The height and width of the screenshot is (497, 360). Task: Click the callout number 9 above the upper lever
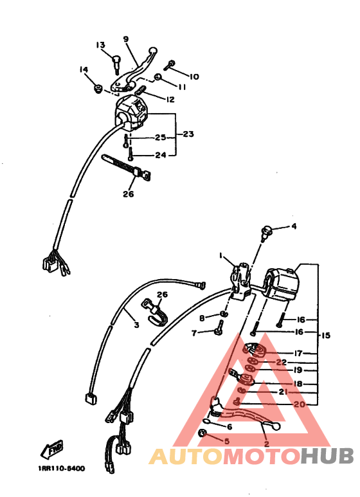(126, 39)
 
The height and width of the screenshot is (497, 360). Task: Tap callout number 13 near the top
(100, 45)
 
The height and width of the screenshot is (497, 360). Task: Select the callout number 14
(84, 69)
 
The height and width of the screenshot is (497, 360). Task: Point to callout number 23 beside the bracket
(188, 134)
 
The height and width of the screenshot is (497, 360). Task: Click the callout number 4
(294, 226)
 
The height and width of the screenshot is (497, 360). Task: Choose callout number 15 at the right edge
(325, 335)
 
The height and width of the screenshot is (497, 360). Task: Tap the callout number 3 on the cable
(136, 325)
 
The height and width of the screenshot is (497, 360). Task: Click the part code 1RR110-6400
(62, 468)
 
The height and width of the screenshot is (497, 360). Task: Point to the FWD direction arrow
(52, 449)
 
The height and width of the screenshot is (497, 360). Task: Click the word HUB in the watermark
(327, 456)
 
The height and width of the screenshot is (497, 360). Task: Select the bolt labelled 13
(116, 63)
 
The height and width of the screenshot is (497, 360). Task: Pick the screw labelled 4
(266, 233)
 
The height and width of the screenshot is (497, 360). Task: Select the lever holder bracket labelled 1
(242, 282)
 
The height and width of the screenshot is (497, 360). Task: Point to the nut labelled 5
(203, 433)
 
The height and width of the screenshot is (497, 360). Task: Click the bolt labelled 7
(219, 328)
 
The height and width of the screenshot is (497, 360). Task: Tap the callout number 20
(300, 404)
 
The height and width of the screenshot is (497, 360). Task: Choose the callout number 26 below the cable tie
(129, 194)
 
